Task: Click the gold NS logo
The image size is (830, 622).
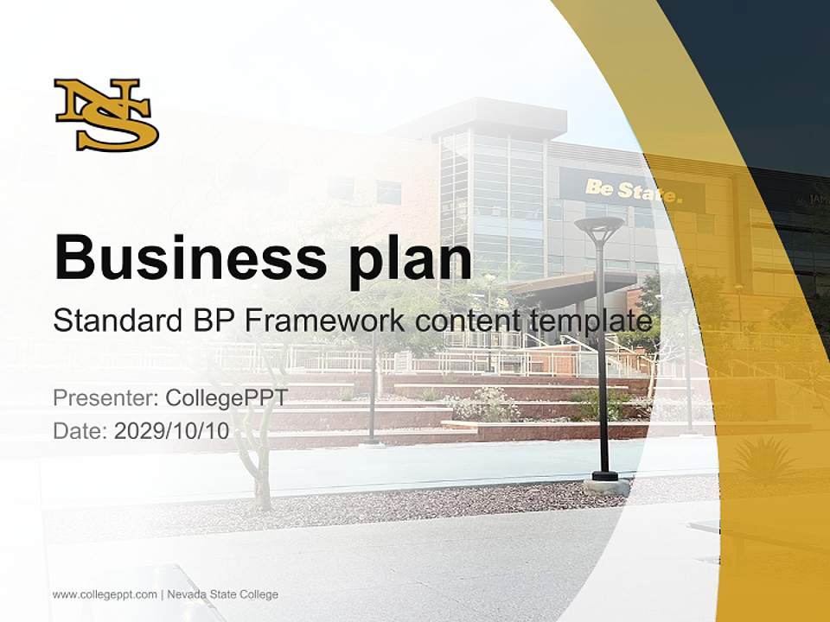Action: (x=106, y=114)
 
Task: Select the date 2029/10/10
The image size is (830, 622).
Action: (x=172, y=430)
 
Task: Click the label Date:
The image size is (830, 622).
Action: (x=80, y=430)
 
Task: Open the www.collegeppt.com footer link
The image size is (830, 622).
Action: (x=105, y=594)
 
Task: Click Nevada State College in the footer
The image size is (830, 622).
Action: (x=222, y=594)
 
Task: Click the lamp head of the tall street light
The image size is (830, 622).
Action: (x=599, y=227)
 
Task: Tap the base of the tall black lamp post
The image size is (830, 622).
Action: (x=605, y=479)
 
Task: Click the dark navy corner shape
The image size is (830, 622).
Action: (x=761, y=69)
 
